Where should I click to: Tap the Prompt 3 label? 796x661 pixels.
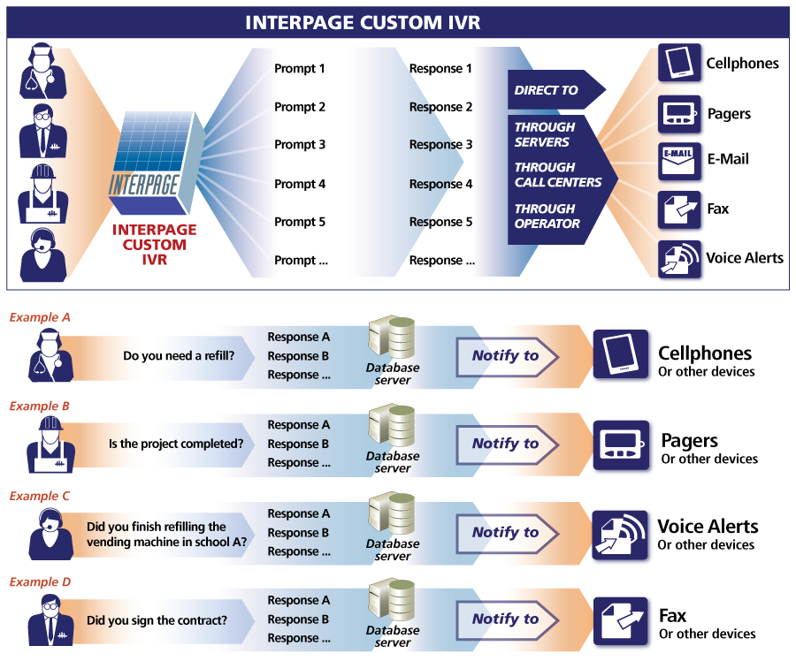pyautogui.click(x=300, y=145)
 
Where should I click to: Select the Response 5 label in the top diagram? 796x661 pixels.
pyautogui.click(x=440, y=222)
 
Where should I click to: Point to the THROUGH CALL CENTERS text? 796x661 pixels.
pyautogui.click(x=557, y=175)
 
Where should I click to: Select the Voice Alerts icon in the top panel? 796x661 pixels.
pyautogui.click(x=679, y=259)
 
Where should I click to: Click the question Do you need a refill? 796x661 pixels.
pyautogui.click(x=179, y=356)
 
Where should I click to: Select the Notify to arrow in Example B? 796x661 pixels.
pyautogui.click(x=507, y=444)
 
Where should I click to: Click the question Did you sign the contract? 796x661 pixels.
pyautogui.click(x=157, y=620)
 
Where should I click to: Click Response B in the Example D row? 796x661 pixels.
pyautogui.click(x=298, y=619)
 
